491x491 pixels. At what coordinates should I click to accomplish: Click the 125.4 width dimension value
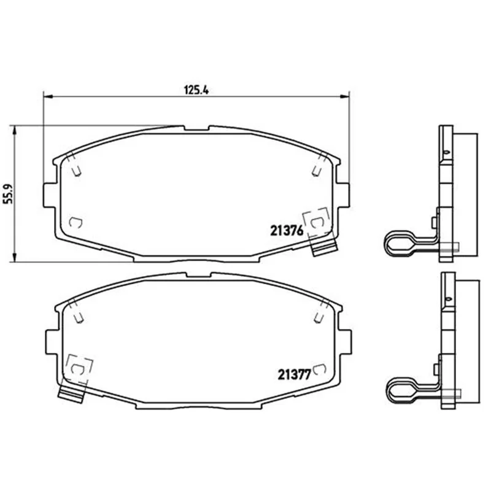click(196, 90)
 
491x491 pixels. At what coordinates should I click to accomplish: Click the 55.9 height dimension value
click(8, 194)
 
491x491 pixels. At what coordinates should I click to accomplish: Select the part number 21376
click(287, 231)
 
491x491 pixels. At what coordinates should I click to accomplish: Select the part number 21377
click(294, 374)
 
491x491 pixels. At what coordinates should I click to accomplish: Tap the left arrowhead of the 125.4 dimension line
click(47, 97)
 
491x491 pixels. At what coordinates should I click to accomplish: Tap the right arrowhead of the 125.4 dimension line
click(345, 97)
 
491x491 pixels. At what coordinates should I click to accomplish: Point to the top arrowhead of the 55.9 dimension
click(14, 130)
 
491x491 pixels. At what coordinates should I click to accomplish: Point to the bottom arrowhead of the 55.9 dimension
click(14, 257)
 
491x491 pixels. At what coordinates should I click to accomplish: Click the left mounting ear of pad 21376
click(50, 195)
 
